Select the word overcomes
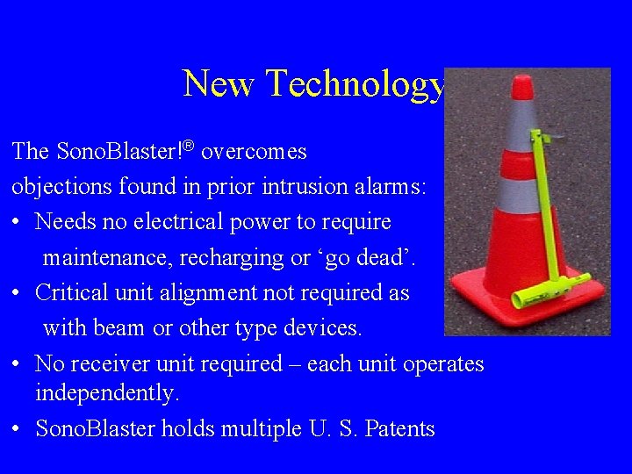pos(254,152)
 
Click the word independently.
pos(107,394)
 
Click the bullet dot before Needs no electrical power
pos(18,223)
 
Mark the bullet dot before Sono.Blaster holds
pos(18,429)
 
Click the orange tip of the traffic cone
pos(522,86)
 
